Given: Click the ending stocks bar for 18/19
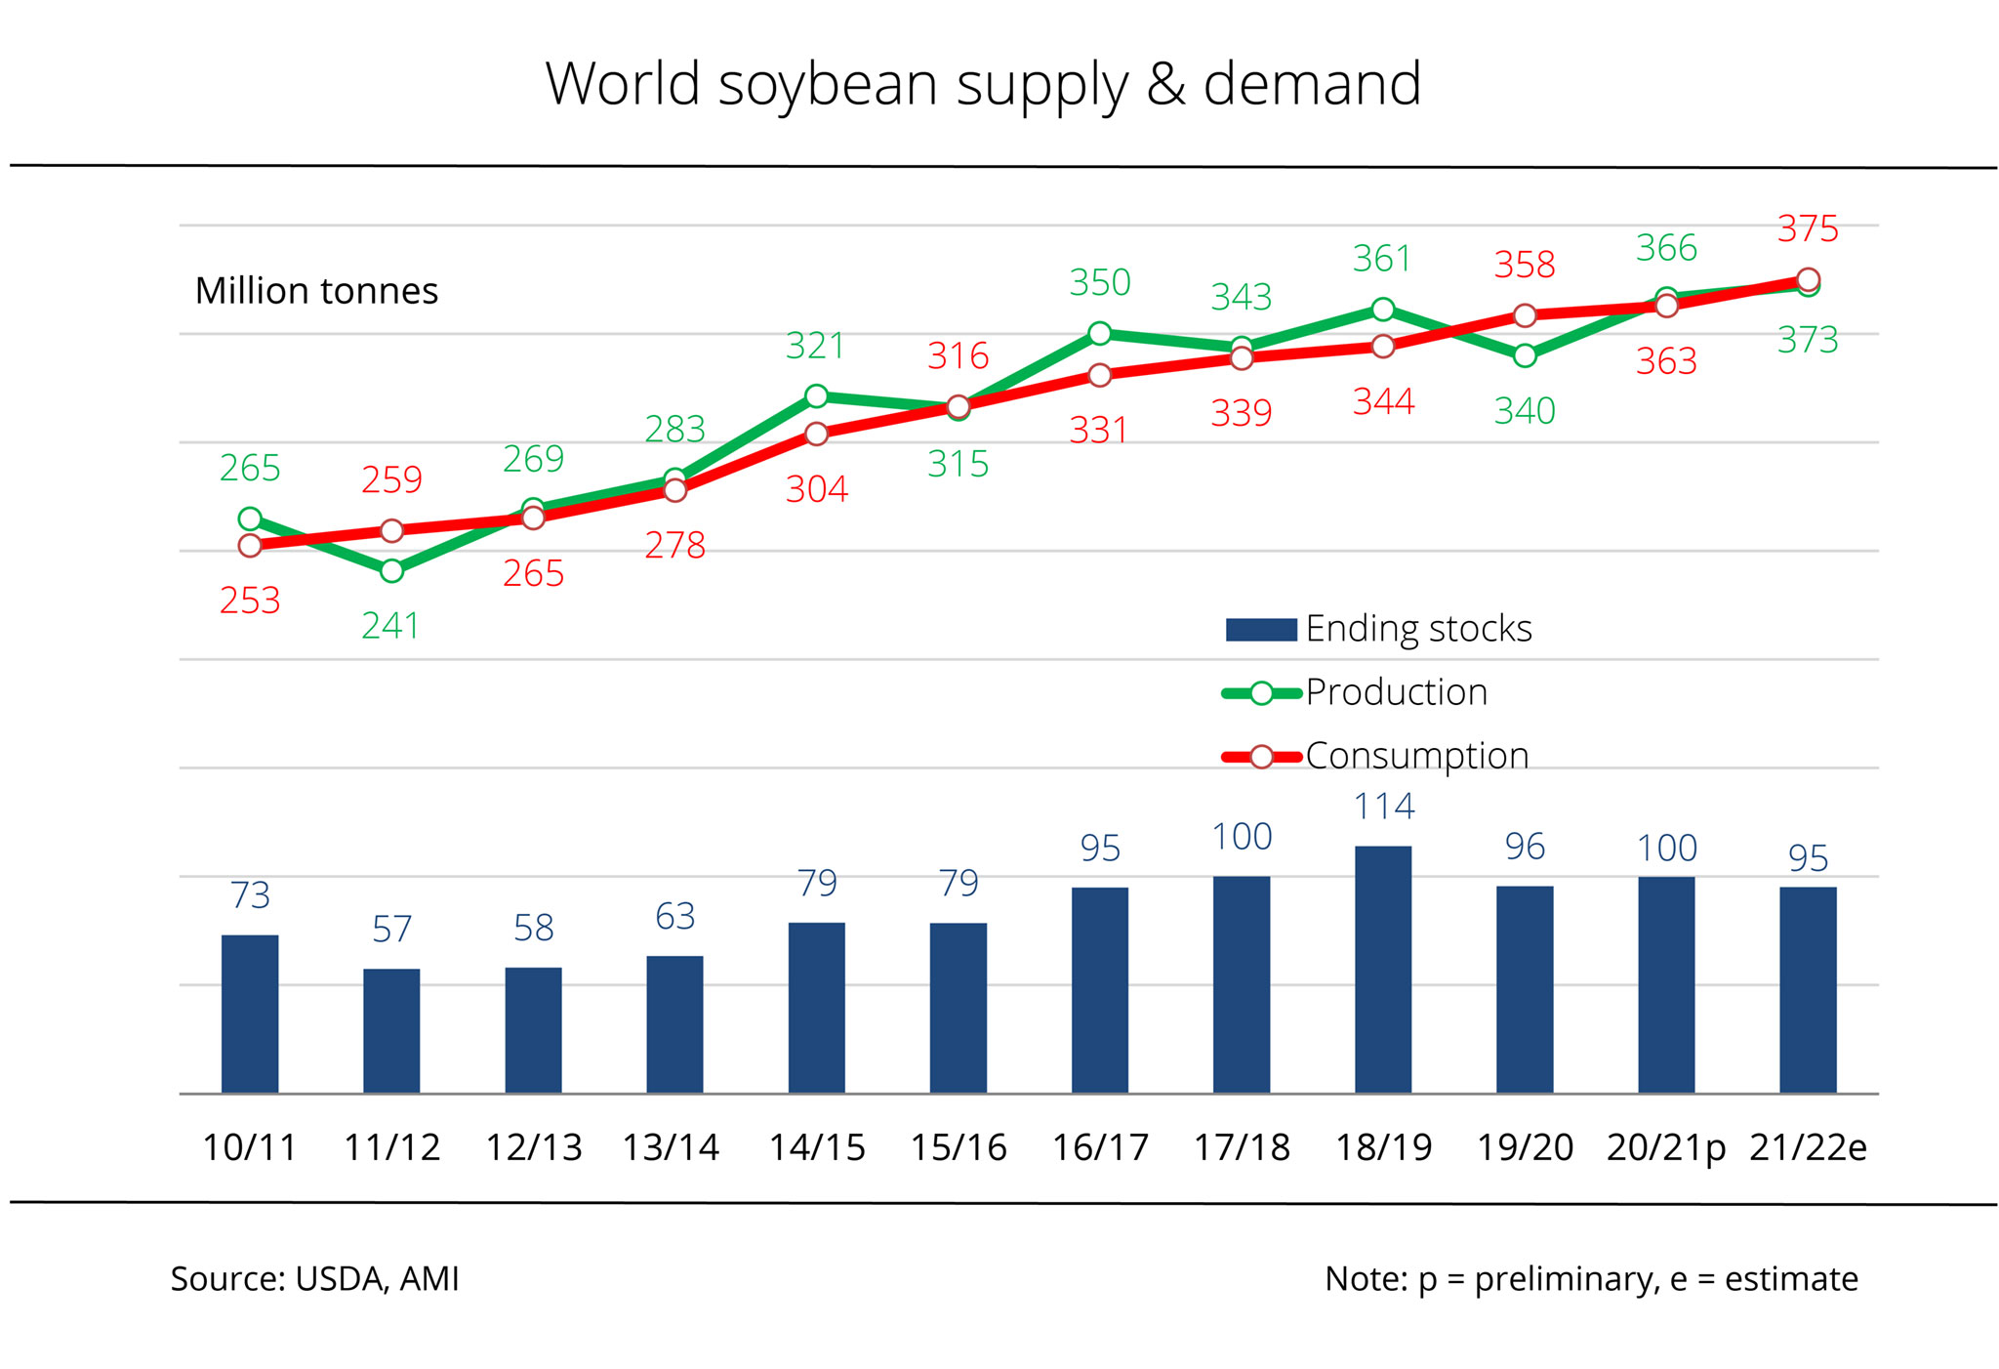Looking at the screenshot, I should (x=1382, y=969).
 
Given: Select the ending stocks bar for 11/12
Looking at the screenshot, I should (x=391, y=1030).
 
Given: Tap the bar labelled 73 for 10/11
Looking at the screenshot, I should (x=250, y=1014).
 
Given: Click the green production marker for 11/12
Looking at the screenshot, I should (x=391, y=570).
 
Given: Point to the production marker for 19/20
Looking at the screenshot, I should (x=1525, y=355).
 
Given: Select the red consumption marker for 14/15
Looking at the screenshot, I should (x=817, y=434).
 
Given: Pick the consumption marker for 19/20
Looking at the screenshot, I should (x=1525, y=315).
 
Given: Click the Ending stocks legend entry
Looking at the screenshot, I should (x=1378, y=629).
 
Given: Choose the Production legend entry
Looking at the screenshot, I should (x=1355, y=692).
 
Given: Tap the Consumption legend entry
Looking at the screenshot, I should (x=1375, y=756).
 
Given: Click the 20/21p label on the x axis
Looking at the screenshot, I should (x=1665, y=1147).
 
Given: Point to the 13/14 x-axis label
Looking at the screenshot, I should (x=671, y=1147).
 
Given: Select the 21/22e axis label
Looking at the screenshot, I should (x=1808, y=1147).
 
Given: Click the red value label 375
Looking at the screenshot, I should (x=1808, y=228).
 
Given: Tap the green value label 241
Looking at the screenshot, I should (x=390, y=626).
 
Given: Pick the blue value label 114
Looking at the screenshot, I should (x=1383, y=807).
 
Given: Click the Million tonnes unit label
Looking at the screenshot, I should (x=316, y=291).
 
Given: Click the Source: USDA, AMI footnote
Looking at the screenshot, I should (x=314, y=1279).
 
